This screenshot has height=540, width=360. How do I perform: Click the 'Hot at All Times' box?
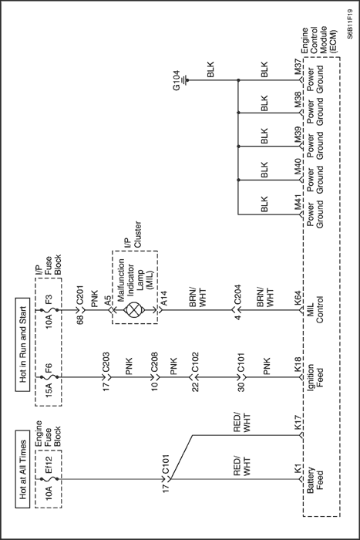(23, 469)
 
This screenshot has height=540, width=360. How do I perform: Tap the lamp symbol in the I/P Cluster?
(133, 309)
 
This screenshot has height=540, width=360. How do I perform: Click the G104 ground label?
(177, 80)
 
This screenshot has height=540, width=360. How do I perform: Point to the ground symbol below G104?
(187, 80)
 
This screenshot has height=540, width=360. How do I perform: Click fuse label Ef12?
(49, 464)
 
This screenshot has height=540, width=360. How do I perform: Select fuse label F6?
(49, 370)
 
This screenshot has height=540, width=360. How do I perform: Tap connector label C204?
(237, 295)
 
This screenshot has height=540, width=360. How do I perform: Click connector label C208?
(154, 362)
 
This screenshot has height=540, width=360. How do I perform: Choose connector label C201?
(79, 295)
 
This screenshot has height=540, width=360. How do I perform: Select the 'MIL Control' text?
(315, 309)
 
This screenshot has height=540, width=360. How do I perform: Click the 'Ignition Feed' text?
(315, 376)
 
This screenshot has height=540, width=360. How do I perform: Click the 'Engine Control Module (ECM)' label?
(319, 40)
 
